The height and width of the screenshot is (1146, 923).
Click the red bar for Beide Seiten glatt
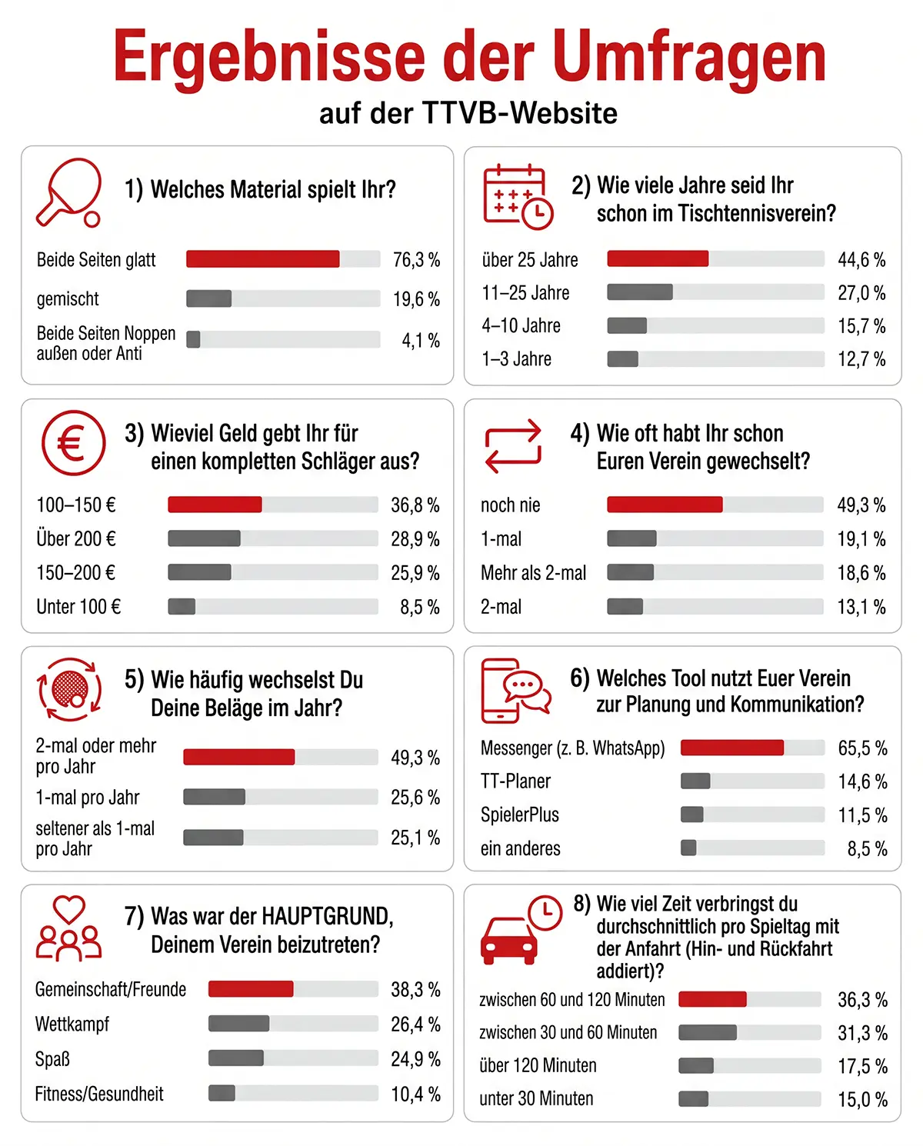coord(262,258)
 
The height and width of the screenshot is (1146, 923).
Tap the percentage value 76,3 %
coord(416,260)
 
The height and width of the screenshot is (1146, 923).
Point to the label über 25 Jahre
coord(529,260)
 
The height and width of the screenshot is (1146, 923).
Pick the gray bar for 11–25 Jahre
coord(640,291)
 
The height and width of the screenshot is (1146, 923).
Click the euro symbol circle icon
coord(74,442)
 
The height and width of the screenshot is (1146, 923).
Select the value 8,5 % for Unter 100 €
coord(420,607)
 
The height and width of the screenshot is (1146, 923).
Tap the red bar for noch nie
coord(665,505)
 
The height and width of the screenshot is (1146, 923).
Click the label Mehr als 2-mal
coord(533,573)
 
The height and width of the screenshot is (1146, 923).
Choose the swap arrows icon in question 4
coord(513,446)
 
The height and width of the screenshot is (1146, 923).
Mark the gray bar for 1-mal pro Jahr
coord(214,797)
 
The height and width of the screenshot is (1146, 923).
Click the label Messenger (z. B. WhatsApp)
coord(572,748)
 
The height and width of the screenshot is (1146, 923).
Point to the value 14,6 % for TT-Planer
coord(862,781)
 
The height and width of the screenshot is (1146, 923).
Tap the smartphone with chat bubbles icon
coord(515,691)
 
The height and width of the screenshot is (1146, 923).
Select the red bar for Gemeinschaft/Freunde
coord(251,989)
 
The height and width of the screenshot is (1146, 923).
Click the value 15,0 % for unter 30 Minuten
coord(862,1099)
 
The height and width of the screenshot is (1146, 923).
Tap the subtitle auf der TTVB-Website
coord(468,113)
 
